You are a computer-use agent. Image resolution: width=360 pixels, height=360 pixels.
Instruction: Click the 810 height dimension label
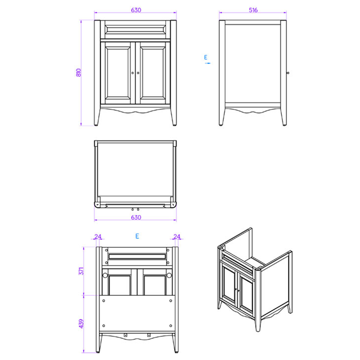[79, 73]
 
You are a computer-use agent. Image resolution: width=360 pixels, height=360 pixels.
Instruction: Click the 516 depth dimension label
[253, 10]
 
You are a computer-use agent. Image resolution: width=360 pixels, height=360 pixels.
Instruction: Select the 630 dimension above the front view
[136, 10]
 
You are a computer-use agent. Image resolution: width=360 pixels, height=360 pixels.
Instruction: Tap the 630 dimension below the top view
[136, 217]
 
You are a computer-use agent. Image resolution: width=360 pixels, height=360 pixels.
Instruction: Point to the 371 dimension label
[81, 271]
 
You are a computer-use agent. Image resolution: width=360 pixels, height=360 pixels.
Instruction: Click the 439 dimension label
[81, 323]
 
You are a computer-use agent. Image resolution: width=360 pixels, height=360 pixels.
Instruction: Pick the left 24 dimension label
[98, 237]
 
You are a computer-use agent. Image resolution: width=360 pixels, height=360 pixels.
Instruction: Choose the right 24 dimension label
[177, 237]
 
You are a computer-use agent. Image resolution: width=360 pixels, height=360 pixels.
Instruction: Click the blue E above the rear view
[137, 236]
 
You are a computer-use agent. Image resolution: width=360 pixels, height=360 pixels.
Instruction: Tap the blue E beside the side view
[206, 57]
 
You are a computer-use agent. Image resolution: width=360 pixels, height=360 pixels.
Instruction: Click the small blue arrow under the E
[208, 63]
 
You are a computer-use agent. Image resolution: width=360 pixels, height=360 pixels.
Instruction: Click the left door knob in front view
[133, 73]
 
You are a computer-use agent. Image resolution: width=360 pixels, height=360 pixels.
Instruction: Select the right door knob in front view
[138, 73]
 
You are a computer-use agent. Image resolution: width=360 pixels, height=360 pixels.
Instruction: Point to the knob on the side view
[287, 73]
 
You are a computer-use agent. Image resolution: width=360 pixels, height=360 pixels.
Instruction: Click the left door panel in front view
[118, 73]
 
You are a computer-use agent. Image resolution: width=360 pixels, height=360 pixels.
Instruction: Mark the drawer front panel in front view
[135, 29]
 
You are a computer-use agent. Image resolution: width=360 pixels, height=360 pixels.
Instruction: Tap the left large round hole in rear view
[105, 275]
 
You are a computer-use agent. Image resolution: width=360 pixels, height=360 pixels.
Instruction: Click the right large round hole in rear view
[169, 275]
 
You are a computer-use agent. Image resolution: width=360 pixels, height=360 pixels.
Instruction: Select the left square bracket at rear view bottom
[125, 335]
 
